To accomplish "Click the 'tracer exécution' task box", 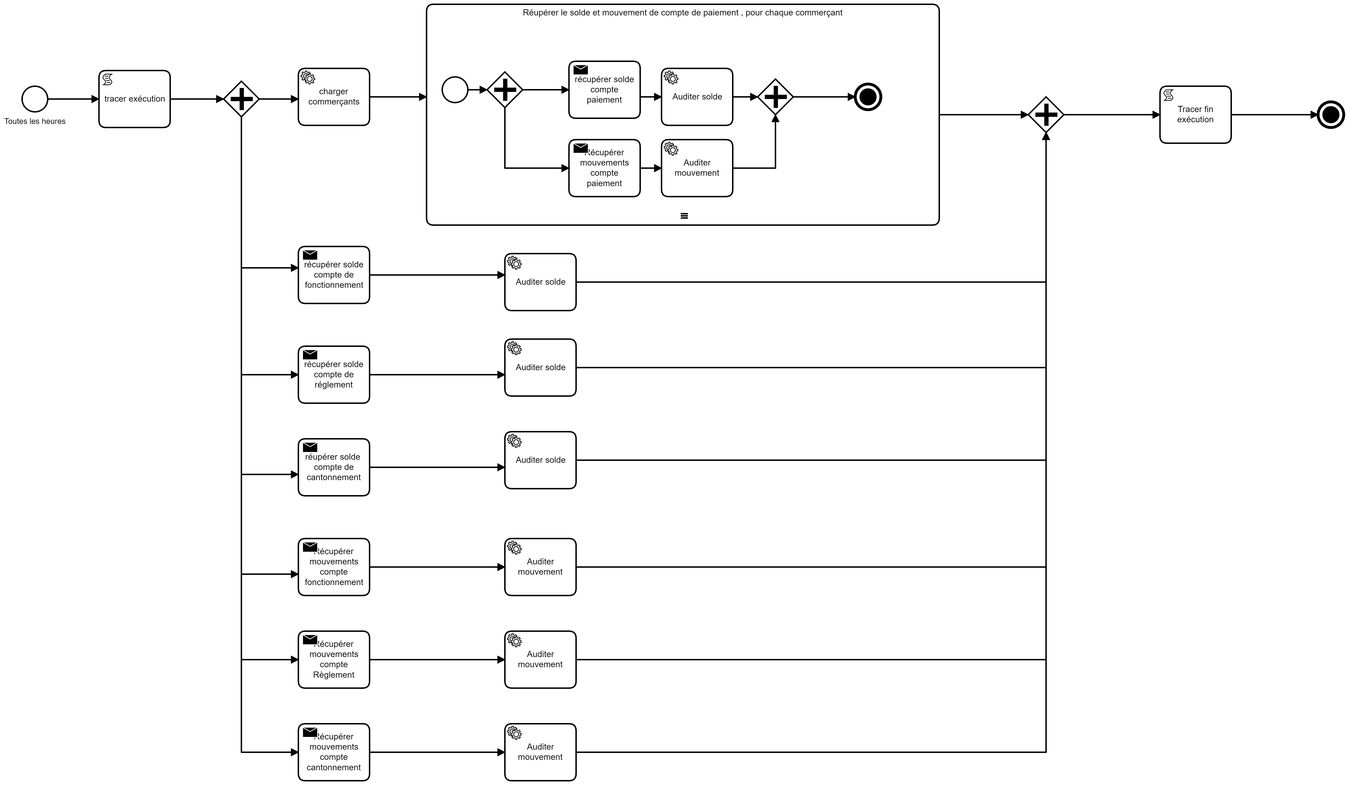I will [x=134, y=99].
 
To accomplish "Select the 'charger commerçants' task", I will [x=334, y=97].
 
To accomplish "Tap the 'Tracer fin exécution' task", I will [x=1195, y=114].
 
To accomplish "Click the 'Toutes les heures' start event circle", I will [x=35, y=99].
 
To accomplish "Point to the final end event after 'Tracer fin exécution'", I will [x=1330, y=114].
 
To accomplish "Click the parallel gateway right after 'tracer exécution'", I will [x=241, y=99].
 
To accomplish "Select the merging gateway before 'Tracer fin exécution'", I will [x=1046, y=114].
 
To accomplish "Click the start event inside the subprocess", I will [x=455, y=90].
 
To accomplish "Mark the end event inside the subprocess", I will [x=868, y=97].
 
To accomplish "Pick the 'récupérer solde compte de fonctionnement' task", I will [x=334, y=275].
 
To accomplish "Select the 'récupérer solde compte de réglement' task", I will [x=334, y=375].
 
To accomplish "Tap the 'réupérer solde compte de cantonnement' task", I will [x=334, y=467].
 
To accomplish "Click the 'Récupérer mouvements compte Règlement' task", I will [x=334, y=659].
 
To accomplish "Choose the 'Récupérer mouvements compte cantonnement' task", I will [x=334, y=752].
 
